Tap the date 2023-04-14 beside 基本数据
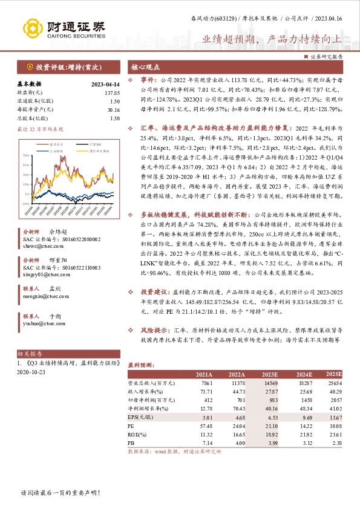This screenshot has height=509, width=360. pyautogui.click(x=104, y=84)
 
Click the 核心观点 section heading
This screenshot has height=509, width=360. pyautogui.click(x=146, y=68)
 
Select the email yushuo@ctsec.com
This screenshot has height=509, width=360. pyautogui.click(x=37, y=323)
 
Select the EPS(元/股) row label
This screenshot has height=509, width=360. pyautogui.click(x=140, y=417)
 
